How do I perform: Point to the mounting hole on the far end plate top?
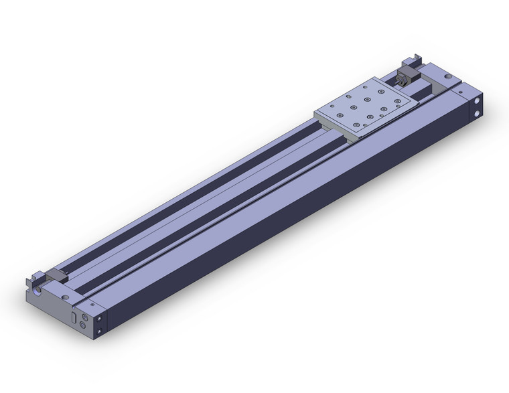coord(447,78)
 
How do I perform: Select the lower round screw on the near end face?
coord(82,325)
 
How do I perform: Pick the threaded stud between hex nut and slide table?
coord(398,84)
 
